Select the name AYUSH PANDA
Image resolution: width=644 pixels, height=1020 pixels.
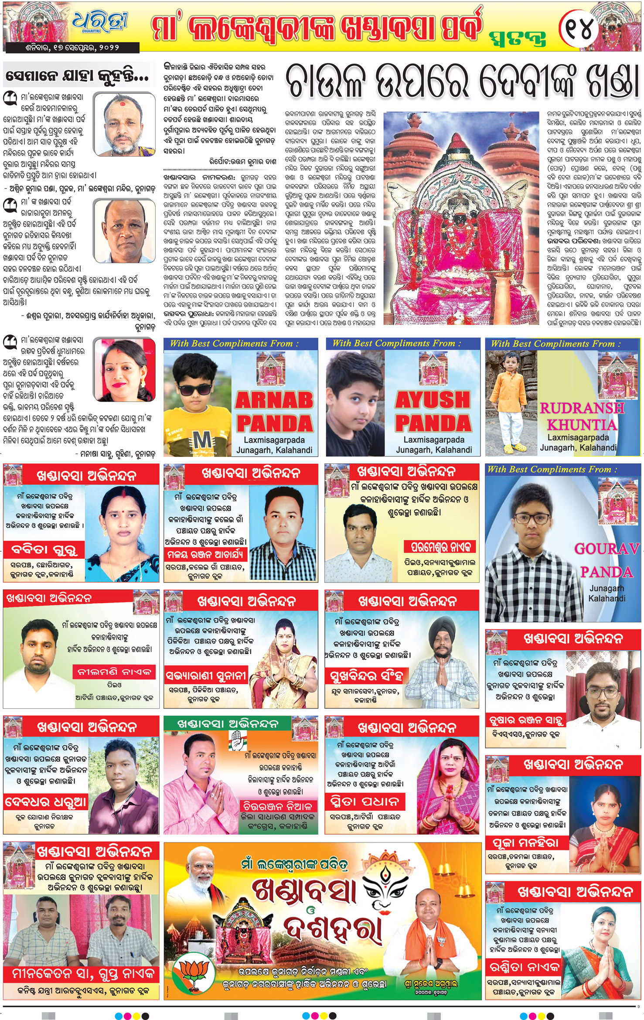[433, 411]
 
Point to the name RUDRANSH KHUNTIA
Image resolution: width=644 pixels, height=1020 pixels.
[582, 416]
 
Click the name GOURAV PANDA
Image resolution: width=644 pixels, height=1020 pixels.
[607, 560]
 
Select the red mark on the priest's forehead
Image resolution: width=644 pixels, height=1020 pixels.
[123, 104]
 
